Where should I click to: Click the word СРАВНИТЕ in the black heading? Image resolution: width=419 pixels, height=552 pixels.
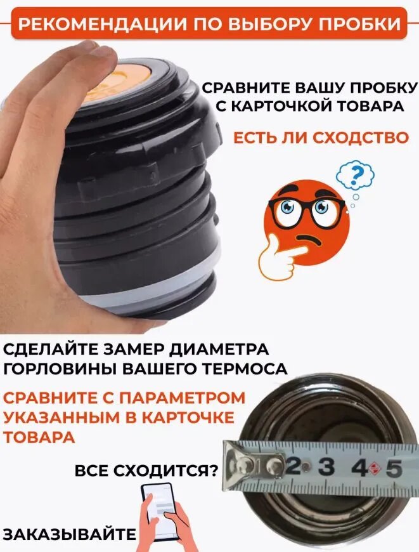pyautogui.click(x=246, y=88)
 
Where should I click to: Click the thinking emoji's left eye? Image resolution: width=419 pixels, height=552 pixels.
pyautogui.click(x=287, y=207)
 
